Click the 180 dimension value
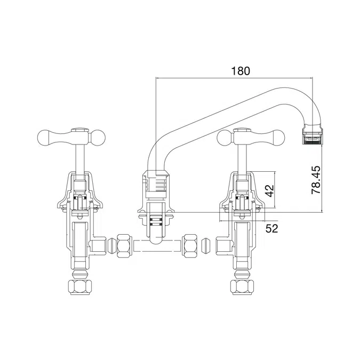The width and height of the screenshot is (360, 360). coord(240,70)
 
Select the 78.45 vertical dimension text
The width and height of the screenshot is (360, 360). coord(316,179)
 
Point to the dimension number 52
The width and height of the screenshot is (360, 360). coord(272,228)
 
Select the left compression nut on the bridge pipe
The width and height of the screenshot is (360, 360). coord(126,246)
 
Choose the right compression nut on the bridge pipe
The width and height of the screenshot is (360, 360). coord(189,246)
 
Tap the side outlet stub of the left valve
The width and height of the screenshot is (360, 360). coord(99,246)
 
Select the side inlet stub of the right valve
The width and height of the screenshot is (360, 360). coord(221,246)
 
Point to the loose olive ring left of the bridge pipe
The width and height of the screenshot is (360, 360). coord(111,246)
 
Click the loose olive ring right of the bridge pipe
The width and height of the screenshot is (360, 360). coord(205,246)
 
